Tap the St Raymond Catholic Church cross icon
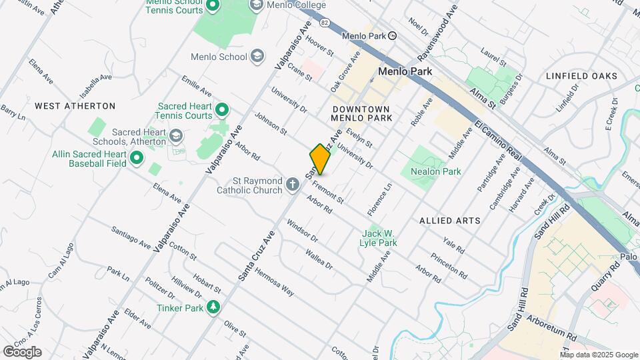click(x=293, y=185)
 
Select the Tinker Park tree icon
click(x=213, y=308)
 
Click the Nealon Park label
click(x=441, y=171)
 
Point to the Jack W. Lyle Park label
click(x=379, y=238)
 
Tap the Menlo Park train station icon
click(x=393, y=36)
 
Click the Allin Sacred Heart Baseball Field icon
click(x=137, y=158)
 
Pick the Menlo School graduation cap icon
click(x=257, y=57)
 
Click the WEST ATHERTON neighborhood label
click(x=75, y=106)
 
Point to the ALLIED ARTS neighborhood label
click(x=450, y=220)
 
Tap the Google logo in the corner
click(x=22, y=351)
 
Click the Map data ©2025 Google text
click(x=598, y=355)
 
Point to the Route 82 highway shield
click(x=325, y=23)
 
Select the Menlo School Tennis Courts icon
click(x=213, y=7)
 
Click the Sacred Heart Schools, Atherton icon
click(x=176, y=137)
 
